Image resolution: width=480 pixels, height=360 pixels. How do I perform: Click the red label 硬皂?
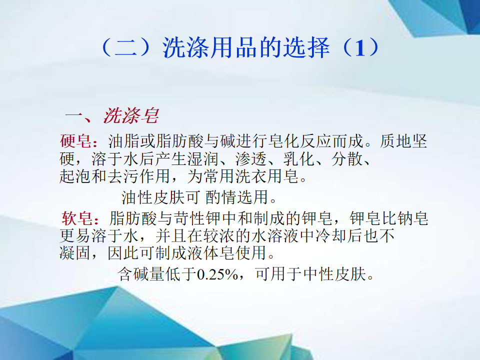point(75,141)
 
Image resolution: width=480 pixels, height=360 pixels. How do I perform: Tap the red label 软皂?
point(77,218)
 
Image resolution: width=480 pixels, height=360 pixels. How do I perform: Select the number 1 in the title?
point(360,48)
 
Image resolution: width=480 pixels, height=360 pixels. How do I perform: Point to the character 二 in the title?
point(125,48)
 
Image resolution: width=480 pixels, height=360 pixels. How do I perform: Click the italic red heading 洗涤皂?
point(131,115)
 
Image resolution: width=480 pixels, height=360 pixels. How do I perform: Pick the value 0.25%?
point(217,274)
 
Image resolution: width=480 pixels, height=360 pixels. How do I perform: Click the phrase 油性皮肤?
point(153,197)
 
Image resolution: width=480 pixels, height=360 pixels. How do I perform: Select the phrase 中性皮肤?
point(334,274)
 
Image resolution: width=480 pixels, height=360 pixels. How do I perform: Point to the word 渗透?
point(251,159)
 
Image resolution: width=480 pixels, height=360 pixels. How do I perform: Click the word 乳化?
point(299,159)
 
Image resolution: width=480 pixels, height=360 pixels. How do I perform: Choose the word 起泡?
point(75,176)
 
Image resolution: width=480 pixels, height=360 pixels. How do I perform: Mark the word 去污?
point(123,176)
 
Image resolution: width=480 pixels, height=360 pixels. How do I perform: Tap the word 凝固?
point(75,253)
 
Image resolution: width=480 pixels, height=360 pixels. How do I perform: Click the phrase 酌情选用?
point(237,197)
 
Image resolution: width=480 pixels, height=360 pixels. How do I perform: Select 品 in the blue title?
point(246,48)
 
